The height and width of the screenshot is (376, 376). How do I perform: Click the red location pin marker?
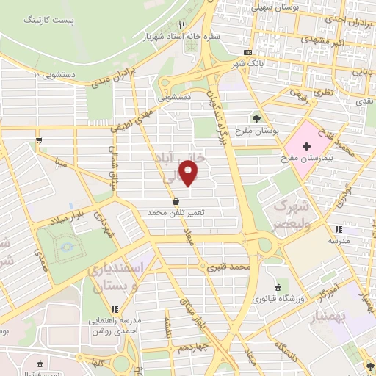[189, 173]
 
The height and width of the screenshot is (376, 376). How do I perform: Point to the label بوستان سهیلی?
[277, 7]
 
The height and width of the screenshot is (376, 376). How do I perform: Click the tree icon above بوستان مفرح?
[256, 117]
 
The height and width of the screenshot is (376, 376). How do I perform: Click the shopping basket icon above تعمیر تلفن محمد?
[176, 200]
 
